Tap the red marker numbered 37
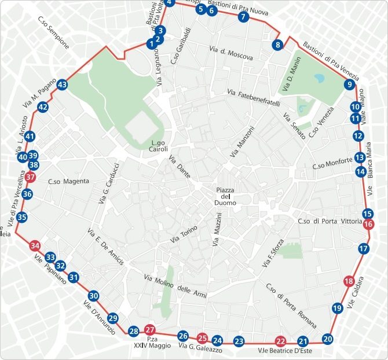click(31, 178)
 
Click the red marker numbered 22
click(281, 341)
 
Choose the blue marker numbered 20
click(328, 339)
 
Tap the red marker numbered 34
click(35, 245)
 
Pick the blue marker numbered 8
click(278, 45)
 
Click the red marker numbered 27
click(151, 329)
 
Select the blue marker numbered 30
click(93, 296)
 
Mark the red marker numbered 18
click(349, 282)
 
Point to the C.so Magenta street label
click(69, 181)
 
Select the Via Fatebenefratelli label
click(254, 97)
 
